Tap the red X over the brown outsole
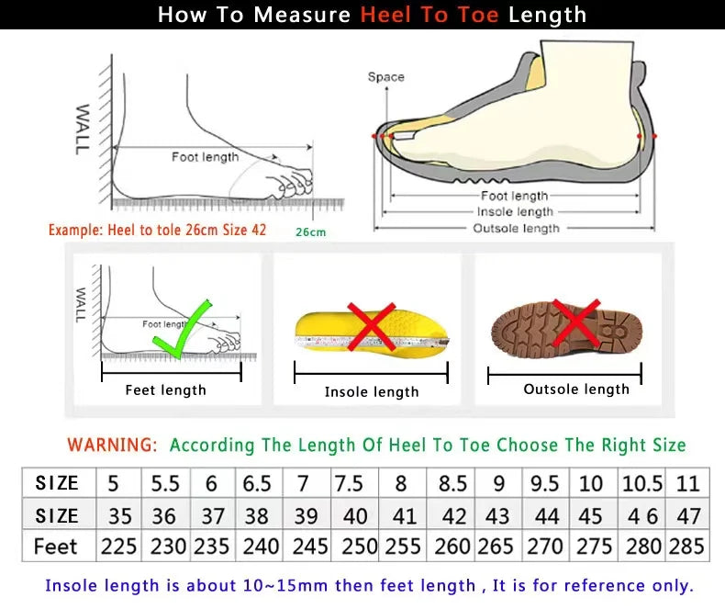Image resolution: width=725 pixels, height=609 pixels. pos(576,322)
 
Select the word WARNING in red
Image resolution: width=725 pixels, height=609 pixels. pos(112,445)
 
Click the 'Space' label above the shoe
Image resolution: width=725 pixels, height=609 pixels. pos(385,77)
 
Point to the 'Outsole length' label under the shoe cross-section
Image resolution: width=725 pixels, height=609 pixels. pos(516,228)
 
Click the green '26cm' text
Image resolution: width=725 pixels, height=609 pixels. pos(310,232)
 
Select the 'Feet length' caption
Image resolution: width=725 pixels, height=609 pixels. pos(166,390)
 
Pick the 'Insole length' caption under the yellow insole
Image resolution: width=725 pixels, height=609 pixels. pos(372,392)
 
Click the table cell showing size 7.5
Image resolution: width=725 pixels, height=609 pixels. pos(349,483)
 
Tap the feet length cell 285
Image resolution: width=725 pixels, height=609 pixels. pos(686,547)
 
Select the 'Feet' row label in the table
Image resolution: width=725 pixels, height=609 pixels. pos(56,547)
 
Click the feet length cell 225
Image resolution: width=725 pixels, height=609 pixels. pos(118,547)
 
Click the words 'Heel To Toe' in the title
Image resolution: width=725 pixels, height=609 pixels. pos(429,15)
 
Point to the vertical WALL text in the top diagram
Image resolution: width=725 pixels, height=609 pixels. pos(82,129)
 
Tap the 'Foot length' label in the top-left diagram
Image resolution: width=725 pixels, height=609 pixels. pos(205,157)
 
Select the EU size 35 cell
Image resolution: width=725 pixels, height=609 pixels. pos(118,515)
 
